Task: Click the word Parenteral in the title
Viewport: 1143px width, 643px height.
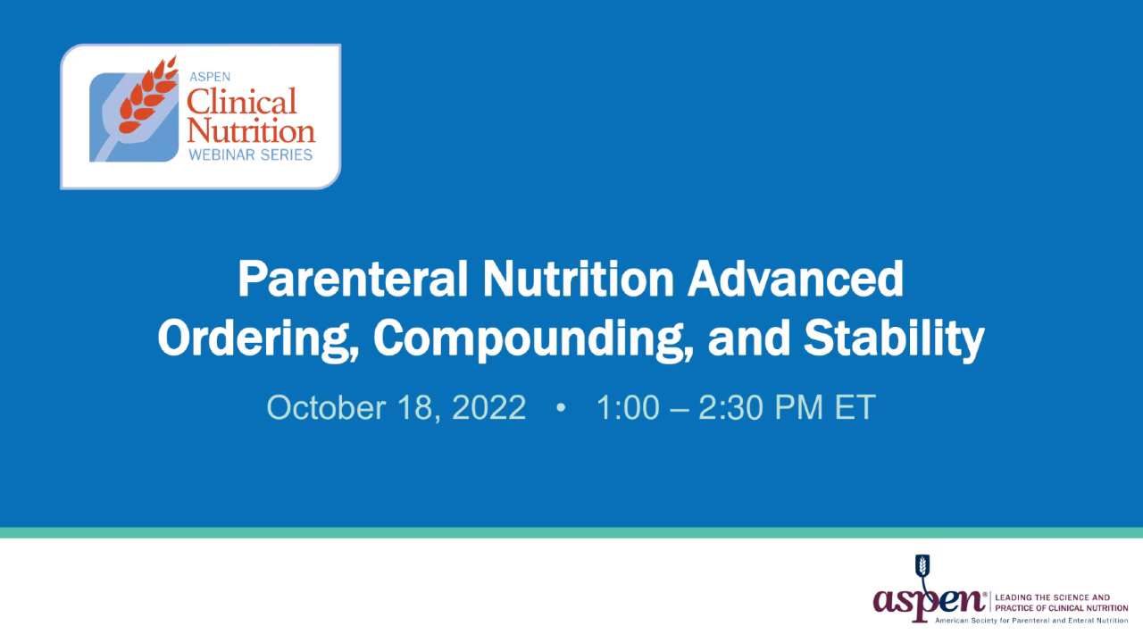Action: click(x=353, y=280)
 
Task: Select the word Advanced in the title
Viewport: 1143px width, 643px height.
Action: click(x=795, y=280)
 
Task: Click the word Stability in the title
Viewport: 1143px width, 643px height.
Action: click(x=893, y=338)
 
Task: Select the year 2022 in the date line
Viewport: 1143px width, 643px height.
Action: click(x=488, y=408)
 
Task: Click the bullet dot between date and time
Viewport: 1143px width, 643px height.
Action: click(x=561, y=408)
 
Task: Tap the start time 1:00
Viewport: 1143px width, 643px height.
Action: click(x=628, y=408)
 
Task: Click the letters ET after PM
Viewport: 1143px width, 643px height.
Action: click(x=855, y=408)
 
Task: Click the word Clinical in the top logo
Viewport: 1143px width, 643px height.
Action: click(x=241, y=101)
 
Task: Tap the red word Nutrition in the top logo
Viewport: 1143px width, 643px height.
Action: click(x=251, y=130)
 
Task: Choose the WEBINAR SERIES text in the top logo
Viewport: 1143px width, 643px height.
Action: click(x=250, y=154)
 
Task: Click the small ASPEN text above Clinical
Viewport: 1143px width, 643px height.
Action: click(x=208, y=77)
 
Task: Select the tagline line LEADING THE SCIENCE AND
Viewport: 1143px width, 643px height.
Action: click(x=1051, y=597)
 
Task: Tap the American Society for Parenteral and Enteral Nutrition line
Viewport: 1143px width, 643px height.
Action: click(x=1031, y=619)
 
